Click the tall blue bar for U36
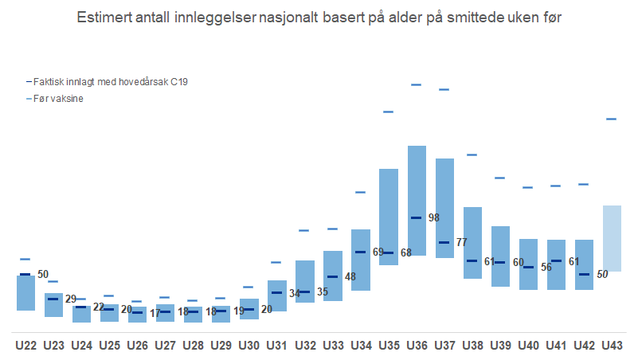[416, 200]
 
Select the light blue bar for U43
[612, 238]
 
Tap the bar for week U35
[389, 216]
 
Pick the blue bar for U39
[500, 256]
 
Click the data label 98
[434, 217]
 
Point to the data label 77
[461, 242]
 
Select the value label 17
[155, 313]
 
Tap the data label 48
[350, 277]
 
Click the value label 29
[71, 299]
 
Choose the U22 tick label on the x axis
[26, 346]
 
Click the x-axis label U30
[249, 346]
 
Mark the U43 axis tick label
[612, 346]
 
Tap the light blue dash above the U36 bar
[416, 84]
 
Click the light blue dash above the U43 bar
[612, 119]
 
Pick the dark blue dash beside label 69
[361, 252]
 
